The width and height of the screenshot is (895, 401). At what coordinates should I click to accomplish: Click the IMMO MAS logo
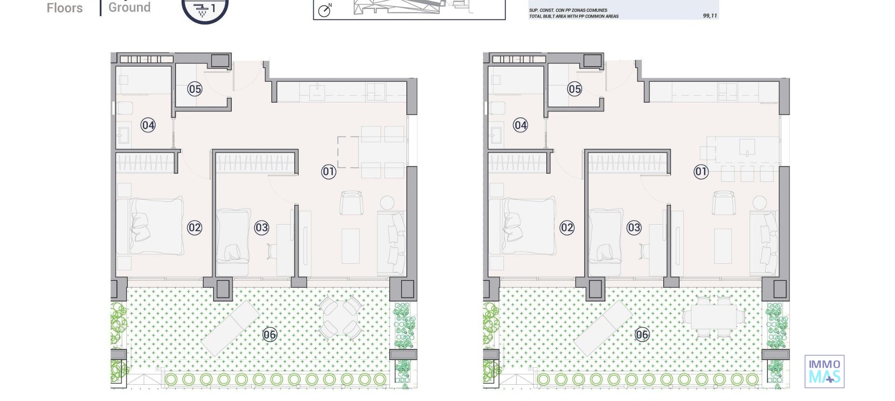coord(824,371)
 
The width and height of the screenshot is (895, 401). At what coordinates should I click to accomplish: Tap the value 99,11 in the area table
coord(709,16)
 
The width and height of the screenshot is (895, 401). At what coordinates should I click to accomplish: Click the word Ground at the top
coord(129,7)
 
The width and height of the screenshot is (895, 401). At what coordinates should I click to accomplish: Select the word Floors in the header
coord(64,8)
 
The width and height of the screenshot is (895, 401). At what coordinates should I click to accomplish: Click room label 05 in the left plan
coord(195,89)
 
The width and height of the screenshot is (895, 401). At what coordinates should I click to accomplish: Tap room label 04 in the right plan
coord(521,125)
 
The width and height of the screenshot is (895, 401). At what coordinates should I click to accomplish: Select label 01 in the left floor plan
coord(329,172)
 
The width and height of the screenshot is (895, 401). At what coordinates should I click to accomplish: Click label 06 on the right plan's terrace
coord(642,334)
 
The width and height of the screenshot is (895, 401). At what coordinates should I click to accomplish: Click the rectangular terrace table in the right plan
coord(713,317)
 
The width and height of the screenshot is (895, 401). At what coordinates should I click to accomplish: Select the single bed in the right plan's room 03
coord(605,241)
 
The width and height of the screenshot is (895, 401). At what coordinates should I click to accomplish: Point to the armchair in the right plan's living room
coord(723,203)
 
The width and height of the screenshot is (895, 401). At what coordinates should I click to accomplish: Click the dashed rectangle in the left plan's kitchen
coord(348,152)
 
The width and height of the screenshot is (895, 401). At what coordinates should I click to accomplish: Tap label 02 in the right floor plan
coord(567,228)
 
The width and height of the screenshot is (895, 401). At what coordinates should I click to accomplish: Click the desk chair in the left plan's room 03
coord(272,251)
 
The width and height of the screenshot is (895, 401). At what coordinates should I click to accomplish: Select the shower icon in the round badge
coord(202,9)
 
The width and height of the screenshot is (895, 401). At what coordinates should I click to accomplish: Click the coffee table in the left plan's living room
coord(351,246)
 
